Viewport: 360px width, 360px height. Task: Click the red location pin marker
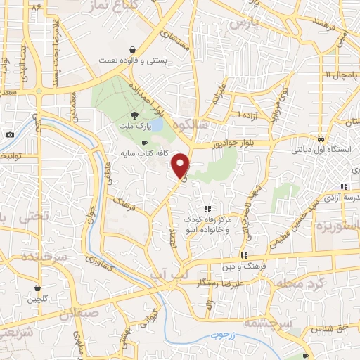pos(181,165)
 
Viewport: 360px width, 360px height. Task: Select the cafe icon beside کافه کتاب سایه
pos(145,142)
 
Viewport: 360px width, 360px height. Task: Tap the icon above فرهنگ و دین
pos(244,255)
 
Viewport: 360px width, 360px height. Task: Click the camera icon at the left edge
pos(11,135)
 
